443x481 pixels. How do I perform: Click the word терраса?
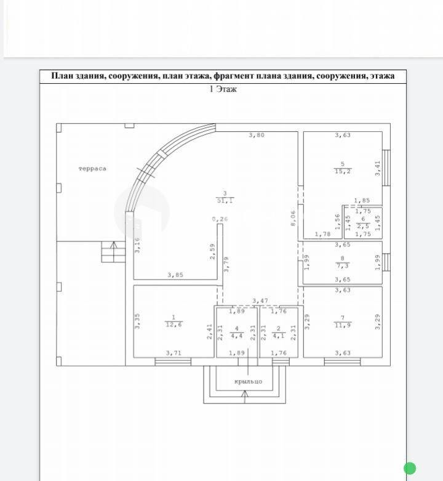pos(92,169)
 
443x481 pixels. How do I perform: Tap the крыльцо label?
pos(248,382)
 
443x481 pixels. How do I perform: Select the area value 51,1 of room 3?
pos(225,201)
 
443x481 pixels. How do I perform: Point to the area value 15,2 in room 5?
pos(343,171)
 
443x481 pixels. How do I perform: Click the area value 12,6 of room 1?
pos(174,325)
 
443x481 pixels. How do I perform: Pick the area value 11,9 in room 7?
pos(343,325)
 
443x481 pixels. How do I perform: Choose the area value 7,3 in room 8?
pos(343,265)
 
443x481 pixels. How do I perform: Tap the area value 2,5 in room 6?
pos(364,227)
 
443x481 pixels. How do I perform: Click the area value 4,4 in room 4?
pos(237,336)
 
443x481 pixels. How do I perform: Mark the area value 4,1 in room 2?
pos(279,336)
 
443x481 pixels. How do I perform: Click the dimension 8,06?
pos(293,218)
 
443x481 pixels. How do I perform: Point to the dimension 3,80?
pos(257,135)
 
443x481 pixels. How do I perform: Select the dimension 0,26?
pos(220,219)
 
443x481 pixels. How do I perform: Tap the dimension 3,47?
pos(260,301)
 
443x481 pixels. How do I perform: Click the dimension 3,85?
pos(175,275)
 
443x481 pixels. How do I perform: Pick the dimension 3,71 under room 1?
pos(174,353)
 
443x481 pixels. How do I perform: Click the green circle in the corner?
pos(410,469)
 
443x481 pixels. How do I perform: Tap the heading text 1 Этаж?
pos(223,89)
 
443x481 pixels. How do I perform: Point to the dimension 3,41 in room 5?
pos(378,168)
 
